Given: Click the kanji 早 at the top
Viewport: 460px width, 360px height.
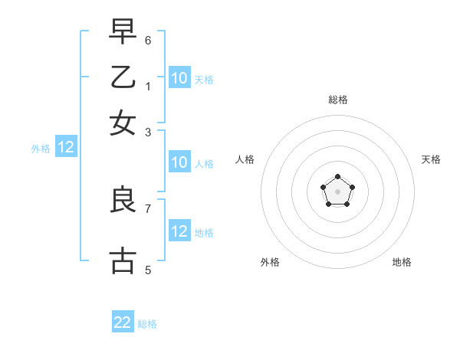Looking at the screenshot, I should click(x=123, y=32).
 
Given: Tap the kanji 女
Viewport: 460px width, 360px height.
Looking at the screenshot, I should click(x=123, y=122).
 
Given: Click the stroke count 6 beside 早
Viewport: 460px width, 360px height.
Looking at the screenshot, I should click(x=148, y=39).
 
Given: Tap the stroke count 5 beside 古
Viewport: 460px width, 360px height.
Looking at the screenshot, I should click(x=148, y=270).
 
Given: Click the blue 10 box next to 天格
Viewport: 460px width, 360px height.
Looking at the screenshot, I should click(x=179, y=77).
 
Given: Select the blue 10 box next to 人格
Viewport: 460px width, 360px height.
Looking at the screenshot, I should click(x=179, y=162).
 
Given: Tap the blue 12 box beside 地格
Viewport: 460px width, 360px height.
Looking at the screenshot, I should click(x=179, y=231).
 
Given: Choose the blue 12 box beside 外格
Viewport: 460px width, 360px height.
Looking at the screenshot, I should click(x=66, y=148).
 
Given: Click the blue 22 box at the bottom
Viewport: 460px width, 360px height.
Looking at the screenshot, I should click(x=123, y=322).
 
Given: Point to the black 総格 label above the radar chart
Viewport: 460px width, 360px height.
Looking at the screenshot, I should click(x=338, y=100).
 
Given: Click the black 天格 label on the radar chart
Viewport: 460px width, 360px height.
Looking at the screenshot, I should click(x=431, y=159).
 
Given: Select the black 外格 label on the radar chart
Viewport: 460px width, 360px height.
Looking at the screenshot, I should click(x=270, y=262).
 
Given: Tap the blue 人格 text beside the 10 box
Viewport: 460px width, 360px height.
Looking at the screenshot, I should click(x=204, y=163).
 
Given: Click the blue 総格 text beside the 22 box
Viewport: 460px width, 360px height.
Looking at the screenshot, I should click(x=147, y=323).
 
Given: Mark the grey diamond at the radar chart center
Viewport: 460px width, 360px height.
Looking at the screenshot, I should click(x=338, y=191).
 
